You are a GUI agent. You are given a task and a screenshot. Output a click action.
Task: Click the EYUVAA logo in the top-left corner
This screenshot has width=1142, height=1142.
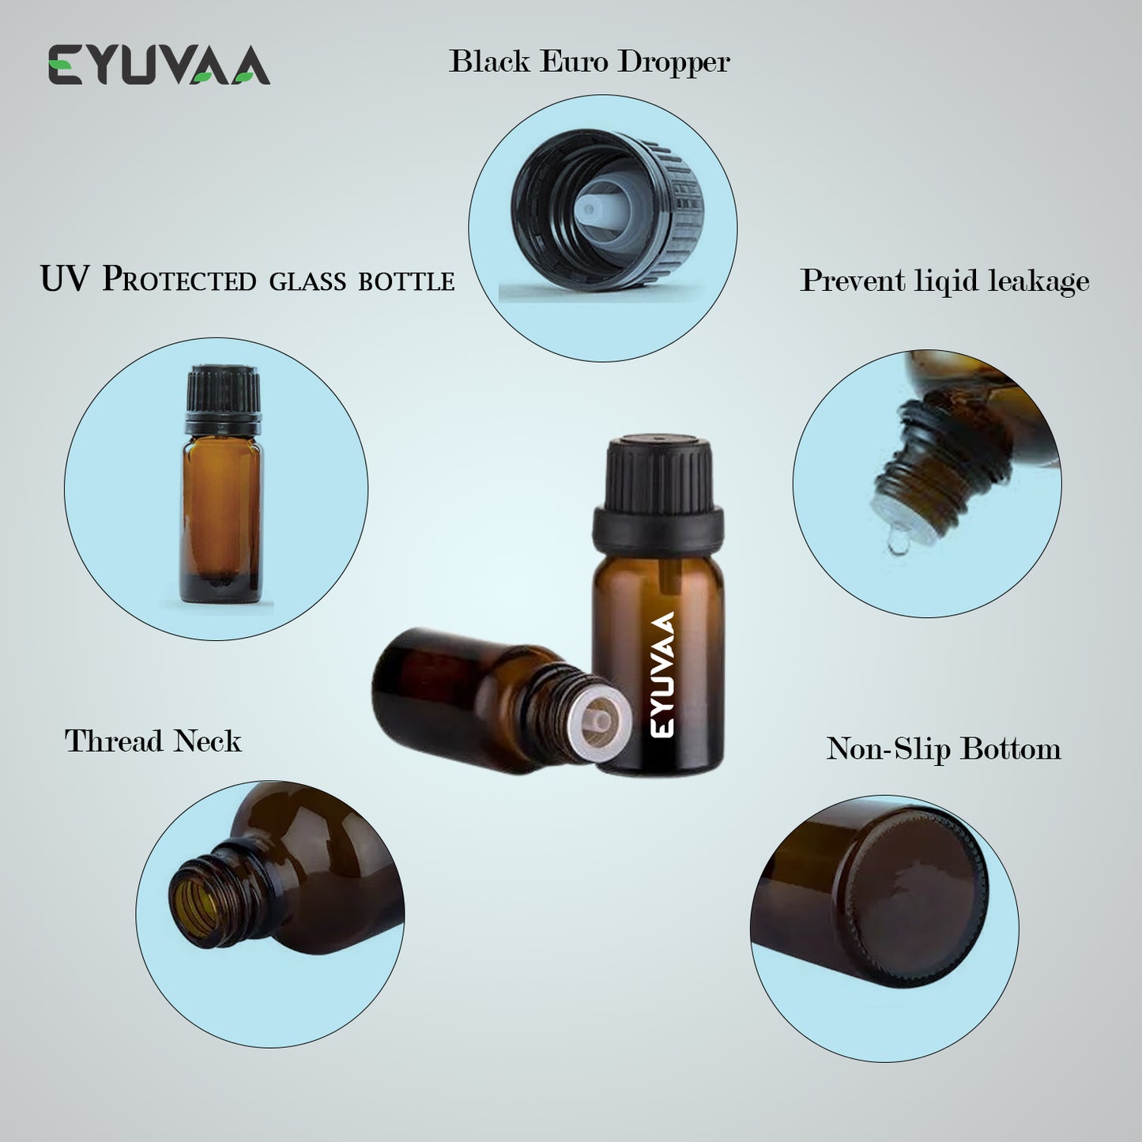(159, 64)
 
